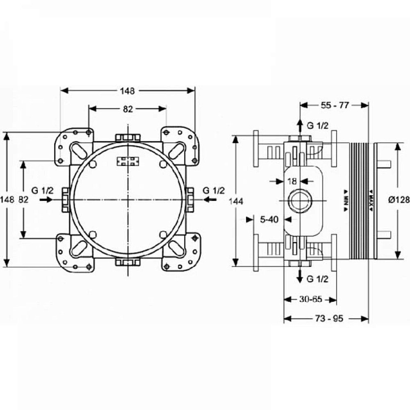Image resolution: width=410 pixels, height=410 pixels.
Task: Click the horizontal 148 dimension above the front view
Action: pyautogui.click(x=128, y=90)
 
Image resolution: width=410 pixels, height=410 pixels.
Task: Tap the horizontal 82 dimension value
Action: pyautogui.click(x=128, y=109)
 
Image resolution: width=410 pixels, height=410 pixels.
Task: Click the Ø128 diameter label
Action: pyautogui.click(x=398, y=200)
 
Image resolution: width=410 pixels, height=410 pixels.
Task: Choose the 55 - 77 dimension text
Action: pyautogui.click(x=334, y=105)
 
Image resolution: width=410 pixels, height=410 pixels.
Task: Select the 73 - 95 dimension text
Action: pyautogui.click(x=326, y=318)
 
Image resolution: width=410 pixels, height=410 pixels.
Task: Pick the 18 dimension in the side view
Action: pyautogui.click(x=292, y=181)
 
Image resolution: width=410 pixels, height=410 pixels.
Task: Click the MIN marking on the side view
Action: pyautogui.click(x=346, y=200)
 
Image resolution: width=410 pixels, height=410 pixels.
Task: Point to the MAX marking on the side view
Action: pyautogui.click(x=370, y=200)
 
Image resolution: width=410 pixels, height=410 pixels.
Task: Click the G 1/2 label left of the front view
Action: pyautogui.click(x=42, y=190)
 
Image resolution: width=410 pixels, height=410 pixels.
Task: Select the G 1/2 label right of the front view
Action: pyautogui.click(x=214, y=190)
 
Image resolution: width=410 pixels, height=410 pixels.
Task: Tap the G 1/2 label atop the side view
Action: pyautogui.click(x=318, y=126)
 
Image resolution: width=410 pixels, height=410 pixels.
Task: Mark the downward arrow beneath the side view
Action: pyautogui.click(x=301, y=276)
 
